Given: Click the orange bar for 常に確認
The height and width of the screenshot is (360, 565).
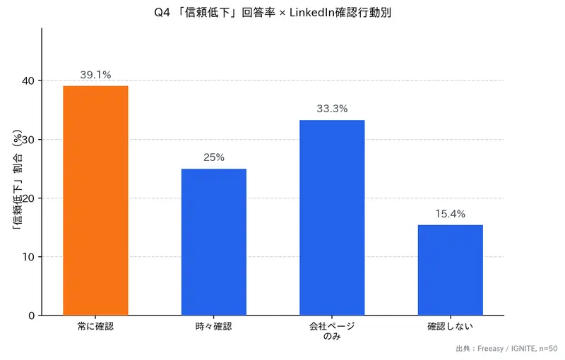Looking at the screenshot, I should (x=95, y=200).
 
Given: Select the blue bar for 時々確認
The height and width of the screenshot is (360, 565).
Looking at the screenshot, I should (x=213, y=242).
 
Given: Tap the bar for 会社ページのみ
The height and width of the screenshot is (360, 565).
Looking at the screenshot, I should (x=332, y=217).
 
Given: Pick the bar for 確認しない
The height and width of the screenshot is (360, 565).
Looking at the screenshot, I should (x=450, y=270).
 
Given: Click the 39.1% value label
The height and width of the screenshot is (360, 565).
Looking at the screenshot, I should (x=95, y=74).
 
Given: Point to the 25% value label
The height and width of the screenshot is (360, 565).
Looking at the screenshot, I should (x=213, y=157).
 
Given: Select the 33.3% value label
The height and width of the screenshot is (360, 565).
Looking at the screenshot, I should (x=332, y=109).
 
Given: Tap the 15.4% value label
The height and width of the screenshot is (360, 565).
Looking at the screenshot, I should (x=450, y=214).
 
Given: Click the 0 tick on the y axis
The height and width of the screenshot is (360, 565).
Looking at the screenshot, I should (x=32, y=316).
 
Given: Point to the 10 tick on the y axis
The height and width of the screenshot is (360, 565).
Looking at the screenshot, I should (x=29, y=257).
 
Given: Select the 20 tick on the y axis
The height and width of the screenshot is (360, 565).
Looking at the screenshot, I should (x=29, y=198).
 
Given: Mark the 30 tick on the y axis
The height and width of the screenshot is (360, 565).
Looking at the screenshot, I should (x=29, y=140).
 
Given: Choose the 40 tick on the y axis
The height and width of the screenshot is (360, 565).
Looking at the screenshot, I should (x=29, y=81).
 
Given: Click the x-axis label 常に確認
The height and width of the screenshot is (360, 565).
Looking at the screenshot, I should (x=95, y=327).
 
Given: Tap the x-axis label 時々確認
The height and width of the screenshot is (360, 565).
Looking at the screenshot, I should (x=213, y=327).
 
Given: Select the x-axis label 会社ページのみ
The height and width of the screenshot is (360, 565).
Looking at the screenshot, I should (x=332, y=332).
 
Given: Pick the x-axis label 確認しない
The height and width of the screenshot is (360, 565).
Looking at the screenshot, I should (x=450, y=327).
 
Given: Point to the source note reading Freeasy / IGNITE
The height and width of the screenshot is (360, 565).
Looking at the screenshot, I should (x=502, y=349).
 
